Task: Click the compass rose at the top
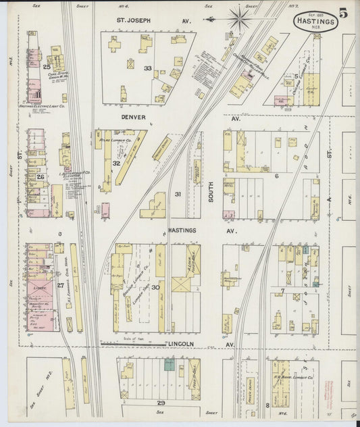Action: click(238, 18)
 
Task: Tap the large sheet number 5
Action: click(344, 13)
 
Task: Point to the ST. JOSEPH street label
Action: click(134, 20)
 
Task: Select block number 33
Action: click(147, 68)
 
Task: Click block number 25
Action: click(47, 67)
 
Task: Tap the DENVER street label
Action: click(133, 116)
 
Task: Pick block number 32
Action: click(116, 163)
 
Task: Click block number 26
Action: click(40, 177)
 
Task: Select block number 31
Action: click(178, 194)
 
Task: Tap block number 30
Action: click(155, 286)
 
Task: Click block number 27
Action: click(59, 285)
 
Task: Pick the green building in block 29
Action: click(169, 364)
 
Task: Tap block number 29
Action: click(161, 402)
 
